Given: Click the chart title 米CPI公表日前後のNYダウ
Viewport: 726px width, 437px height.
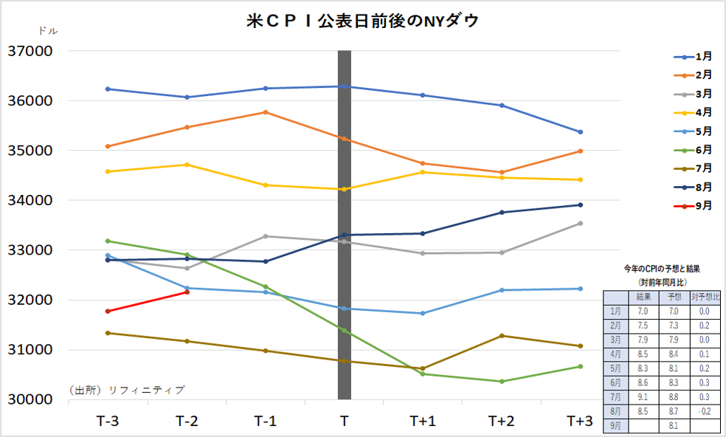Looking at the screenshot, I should (x=362, y=21).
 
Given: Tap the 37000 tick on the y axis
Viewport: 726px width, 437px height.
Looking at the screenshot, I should (x=30, y=52).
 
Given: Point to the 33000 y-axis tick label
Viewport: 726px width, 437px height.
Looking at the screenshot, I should (x=30, y=250).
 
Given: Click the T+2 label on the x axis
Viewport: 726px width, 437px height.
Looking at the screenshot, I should (x=501, y=421).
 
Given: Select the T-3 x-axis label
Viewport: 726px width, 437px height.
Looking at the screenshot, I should (x=108, y=421).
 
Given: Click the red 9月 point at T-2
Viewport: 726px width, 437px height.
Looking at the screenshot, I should (x=187, y=292).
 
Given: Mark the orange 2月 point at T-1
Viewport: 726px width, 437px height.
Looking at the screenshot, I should (x=266, y=112).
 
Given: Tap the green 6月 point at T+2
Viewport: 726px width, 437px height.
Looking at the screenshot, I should (x=501, y=382).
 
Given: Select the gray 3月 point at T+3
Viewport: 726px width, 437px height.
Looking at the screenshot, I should (x=580, y=223).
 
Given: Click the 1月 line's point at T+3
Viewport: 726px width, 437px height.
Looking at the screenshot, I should (x=580, y=132).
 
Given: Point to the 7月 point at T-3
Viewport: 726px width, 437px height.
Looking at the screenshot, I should (x=108, y=333).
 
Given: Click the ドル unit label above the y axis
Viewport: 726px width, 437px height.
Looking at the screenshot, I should (x=46, y=31).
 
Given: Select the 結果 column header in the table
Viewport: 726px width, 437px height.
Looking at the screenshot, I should (x=643, y=297).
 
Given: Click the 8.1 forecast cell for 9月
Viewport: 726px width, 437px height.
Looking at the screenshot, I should (x=674, y=426).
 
